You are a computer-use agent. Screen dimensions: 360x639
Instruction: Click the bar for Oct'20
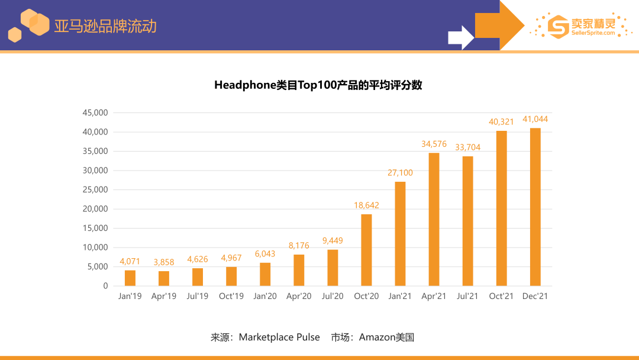coord(366,250)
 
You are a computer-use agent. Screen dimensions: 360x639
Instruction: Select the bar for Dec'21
coord(535,207)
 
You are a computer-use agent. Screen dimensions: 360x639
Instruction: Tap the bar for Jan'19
coord(130,278)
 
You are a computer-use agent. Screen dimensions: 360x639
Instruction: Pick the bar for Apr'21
coord(434,219)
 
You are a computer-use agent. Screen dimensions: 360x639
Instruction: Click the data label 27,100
coord(400,173)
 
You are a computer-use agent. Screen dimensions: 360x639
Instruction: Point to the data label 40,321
coord(501,122)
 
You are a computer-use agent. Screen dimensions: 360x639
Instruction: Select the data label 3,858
coord(164,262)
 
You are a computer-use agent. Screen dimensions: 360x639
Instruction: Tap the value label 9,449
coord(333,241)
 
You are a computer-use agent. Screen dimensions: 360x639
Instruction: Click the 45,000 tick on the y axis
coord(95,112)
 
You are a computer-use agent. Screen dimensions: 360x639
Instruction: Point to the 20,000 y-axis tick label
coord(95,209)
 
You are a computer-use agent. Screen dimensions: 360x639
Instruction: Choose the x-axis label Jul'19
coord(197,296)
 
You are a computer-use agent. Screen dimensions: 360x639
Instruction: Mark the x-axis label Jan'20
coord(264,296)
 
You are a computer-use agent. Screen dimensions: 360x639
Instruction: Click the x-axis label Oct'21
coord(501,296)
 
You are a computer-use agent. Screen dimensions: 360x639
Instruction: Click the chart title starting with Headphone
coord(318,85)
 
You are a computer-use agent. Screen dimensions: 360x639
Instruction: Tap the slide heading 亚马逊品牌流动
coord(105,27)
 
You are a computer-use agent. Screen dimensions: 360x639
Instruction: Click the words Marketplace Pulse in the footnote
coord(279,337)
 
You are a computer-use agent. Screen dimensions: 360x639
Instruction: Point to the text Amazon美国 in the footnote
coord(386,337)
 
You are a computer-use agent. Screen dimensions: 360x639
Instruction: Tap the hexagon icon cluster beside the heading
coord(28,25)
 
